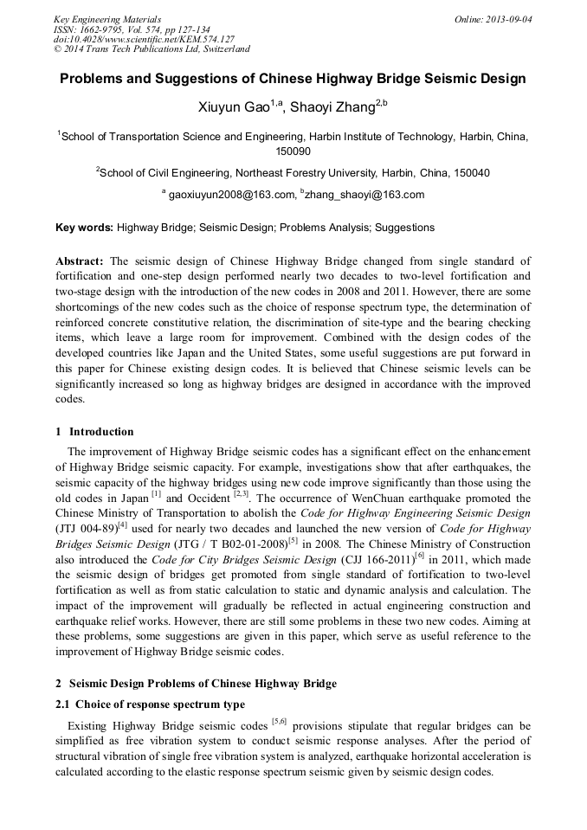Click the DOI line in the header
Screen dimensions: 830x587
(144, 39)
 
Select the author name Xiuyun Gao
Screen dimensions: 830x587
(234, 107)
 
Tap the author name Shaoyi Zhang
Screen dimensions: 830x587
(333, 107)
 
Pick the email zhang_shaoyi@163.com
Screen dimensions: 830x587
(364, 195)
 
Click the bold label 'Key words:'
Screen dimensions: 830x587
(84, 228)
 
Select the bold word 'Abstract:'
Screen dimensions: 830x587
(81, 261)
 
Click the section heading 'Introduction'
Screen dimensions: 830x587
(101, 432)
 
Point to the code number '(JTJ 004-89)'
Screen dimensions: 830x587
(86, 527)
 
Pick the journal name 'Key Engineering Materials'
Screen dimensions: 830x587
(107, 18)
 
